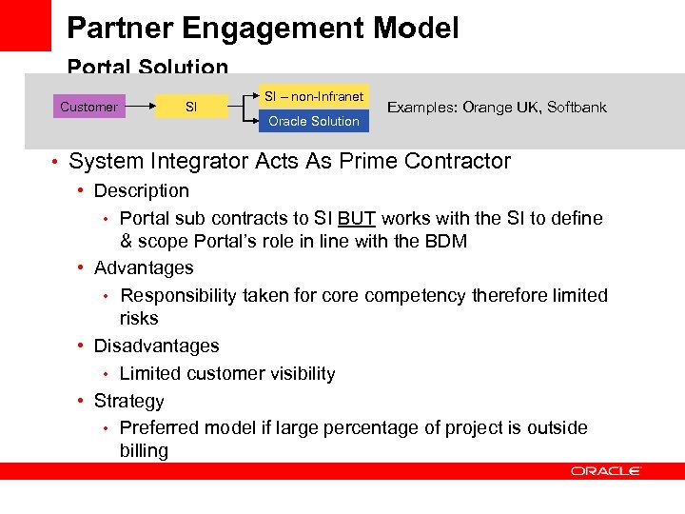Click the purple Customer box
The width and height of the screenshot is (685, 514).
coord(88,107)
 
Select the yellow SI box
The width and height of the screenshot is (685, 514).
coord(191,107)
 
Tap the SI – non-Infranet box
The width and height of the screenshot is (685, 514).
coord(313,96)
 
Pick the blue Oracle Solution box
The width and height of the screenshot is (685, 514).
coord(313,121)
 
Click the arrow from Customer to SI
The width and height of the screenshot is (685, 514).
coord(139,107)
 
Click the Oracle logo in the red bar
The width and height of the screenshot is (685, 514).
coord(606,471)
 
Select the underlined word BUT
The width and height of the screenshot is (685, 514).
coord(357,218)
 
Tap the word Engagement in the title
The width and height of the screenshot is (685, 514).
coord(277,28)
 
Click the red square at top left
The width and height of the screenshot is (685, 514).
coord(25,25)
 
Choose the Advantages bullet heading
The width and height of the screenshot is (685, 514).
coord(144,268)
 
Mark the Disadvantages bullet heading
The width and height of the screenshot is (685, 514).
coord(156,346)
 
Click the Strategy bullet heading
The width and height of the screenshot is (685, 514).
coord(129,401)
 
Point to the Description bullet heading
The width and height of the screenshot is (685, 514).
coord(142,190)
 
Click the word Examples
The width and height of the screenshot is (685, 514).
coord(421,107)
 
